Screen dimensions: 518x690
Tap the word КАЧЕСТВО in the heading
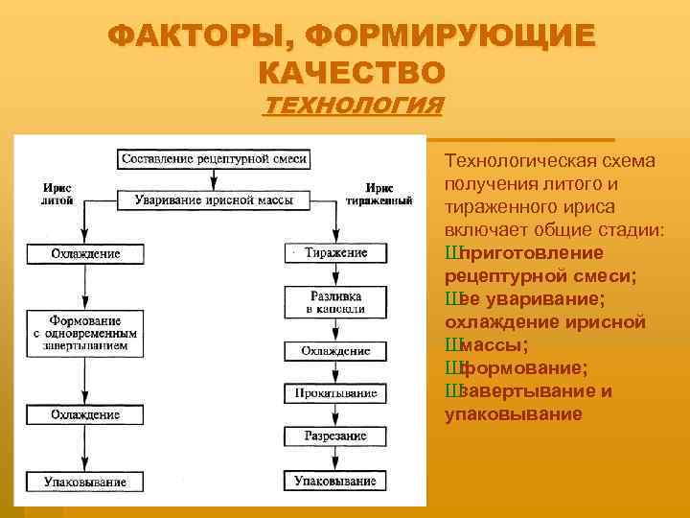(x=352, y=72)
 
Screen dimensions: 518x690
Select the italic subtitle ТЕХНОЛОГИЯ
(x=353, y=105)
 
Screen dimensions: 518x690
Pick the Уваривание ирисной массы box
(x=215, y=200)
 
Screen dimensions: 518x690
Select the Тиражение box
(x=335, y=253)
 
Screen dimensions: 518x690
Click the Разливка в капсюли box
(x=335, y=303)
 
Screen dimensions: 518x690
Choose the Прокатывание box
(x=335, y=393)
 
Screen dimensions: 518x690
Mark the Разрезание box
(x=335, y=436)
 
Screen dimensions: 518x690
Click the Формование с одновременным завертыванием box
(x=85, y=331)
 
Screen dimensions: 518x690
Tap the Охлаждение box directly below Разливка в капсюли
(x=335, y=351)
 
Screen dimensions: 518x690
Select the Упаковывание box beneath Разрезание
(x=335, y=481)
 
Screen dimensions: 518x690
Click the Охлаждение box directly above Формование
(x=85, y=253)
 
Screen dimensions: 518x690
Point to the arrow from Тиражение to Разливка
(x=335, y=275)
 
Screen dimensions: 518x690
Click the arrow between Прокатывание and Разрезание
(x=335, y=415)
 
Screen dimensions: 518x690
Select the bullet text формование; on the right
(x=524, y=368)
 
